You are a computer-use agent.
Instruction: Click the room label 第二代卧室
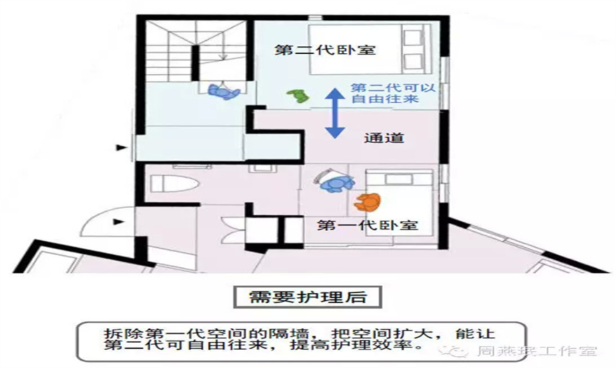pyautogui.click(x=325, y=50)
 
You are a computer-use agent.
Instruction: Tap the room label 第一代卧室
pyautogui.click(x=367, y=225)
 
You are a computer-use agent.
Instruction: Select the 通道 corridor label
pyautogui.click(x=384, y=138)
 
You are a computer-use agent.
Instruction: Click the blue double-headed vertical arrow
pyautogui.click(x=335, y=113)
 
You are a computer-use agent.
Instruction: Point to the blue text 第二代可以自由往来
pyautogui.click(x=393, y=93)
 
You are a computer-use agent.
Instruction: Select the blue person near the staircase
pyautogui.click(x=223, y=92)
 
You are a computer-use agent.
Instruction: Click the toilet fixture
pyautogui.click(x=174, y=183)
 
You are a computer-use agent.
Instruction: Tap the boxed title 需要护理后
pyautogui.click(x=307, y=297)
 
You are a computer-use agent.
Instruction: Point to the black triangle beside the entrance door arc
pyautogui.click(x=118, y=222)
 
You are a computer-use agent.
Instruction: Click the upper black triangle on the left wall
pyautogui.click(x=122, y=148)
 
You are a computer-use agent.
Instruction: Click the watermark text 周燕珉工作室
pyautogui.click(x=537, y=351)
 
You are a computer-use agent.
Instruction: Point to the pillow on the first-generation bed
pyautogui.click(x=398, y=180)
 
